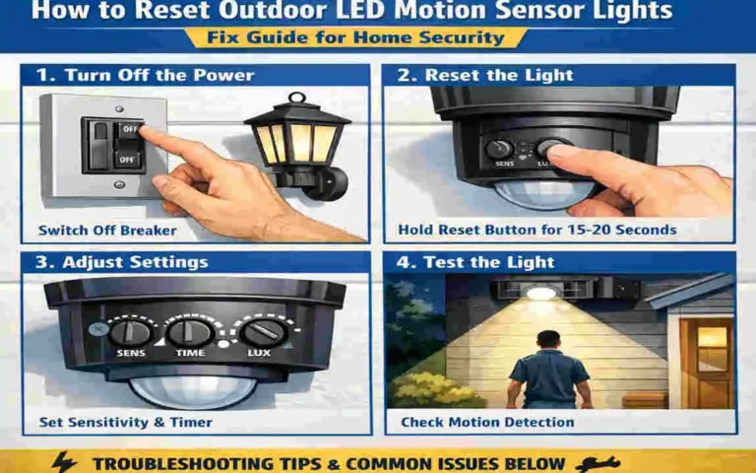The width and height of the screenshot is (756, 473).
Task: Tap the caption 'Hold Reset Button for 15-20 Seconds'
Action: pyautogui.click(x=536, y=230)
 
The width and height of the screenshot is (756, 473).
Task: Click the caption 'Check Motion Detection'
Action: pyautogui.click(x=487, y=422)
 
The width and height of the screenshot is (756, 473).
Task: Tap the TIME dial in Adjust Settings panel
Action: pyautogui.click(x=189, y=332)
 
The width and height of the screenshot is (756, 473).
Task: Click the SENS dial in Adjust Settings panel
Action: pyautogui.click(x=131, y=332)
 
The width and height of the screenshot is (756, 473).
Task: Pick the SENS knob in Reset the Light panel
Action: pyautogui.click(x=499, y=150)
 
